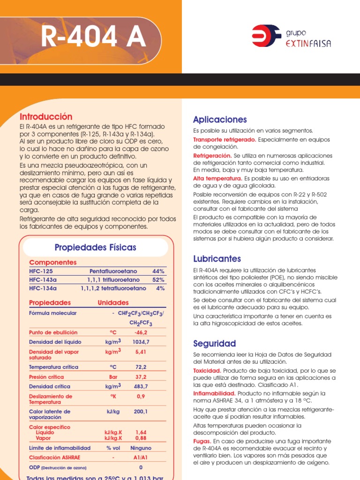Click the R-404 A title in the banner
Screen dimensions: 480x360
point(94,38)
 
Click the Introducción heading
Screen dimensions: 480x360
point(46,117)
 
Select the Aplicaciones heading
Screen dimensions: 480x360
point(220,120)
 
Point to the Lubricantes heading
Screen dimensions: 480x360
point(217,259)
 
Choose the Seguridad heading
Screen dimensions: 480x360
point(214,344)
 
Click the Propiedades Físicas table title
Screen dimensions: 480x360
point(96,247)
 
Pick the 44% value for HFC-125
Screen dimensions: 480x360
point(158,271)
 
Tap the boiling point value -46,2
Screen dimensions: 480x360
point(141,332)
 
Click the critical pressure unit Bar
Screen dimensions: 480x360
point(113,377)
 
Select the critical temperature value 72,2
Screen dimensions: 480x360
point(141,367)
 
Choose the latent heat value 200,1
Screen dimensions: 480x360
point(141,412)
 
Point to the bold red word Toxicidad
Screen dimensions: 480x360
point(207,371)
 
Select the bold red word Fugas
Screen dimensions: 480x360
point(202,442)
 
